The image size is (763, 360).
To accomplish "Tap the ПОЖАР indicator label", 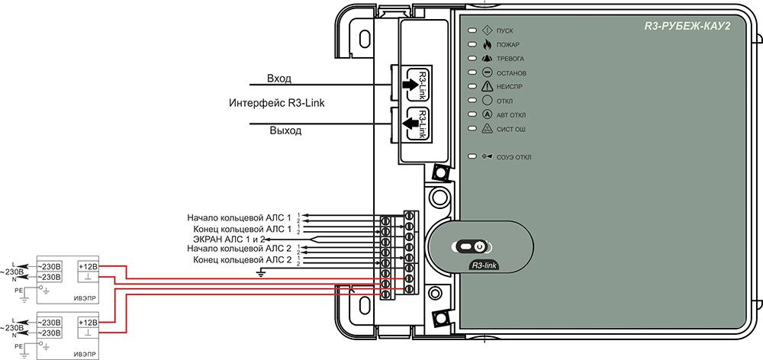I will tap(508, 44).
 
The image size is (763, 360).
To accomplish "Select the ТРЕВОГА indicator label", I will tap(510, 59).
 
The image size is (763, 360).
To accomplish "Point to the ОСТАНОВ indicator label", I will tap(511, 72).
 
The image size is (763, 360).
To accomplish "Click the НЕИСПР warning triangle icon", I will tap(486, 86).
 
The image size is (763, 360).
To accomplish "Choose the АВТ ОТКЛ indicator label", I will tap(511, 115).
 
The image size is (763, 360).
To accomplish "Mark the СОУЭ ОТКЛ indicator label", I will tap(513, 158).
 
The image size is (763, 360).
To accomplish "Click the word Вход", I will tap(278, 79).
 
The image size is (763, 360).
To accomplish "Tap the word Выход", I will tap(285, 130).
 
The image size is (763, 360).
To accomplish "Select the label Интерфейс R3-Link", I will tap(277, 104).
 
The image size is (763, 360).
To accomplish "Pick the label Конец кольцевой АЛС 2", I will tap(243, 259).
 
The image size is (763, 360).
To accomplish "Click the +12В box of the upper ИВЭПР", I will tap(88, 267).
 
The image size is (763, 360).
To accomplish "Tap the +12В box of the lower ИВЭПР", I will tap(88, 323).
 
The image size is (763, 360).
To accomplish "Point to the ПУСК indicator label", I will tap(505, 30).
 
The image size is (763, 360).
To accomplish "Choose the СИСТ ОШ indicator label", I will tap(511, 130).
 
